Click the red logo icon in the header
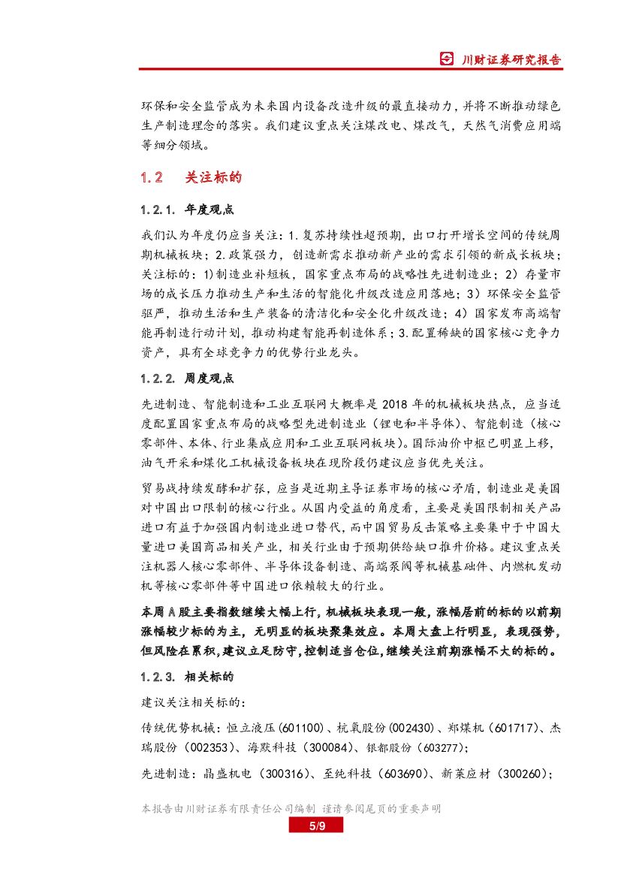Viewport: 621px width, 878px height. coord(447,59)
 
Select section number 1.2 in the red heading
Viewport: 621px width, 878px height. coord(152,178)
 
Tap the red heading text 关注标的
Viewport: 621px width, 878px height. coord(213,178)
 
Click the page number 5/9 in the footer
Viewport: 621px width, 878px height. coord(316,826)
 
